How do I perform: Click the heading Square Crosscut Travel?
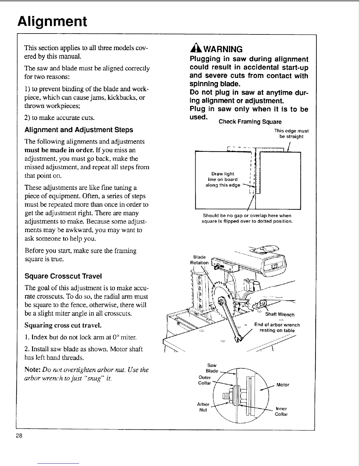coord(63,276)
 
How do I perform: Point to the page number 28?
coord(19,435)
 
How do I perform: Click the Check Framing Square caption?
coord(250,122)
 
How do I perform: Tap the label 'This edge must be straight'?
coord(291,134)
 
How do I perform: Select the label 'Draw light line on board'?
coord(223,179)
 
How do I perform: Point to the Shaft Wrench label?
coord(280,314)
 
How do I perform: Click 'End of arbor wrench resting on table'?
coord(277,327)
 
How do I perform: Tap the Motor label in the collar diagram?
coord(283,385)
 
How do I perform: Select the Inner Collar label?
coord(281,411)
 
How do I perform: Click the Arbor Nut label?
coord(203,407)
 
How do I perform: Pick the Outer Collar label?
coord(205,380)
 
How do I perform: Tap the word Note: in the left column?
coord(33,370)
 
